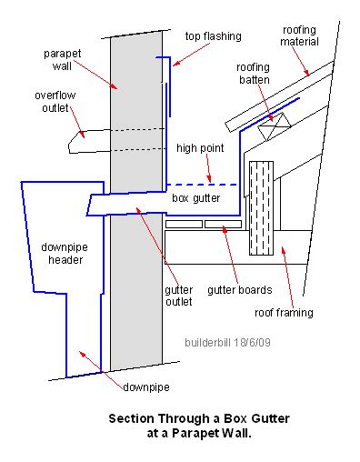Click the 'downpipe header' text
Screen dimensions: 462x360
[63, 254]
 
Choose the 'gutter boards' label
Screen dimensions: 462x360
[237, 291]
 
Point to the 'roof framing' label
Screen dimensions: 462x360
[284, 312]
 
